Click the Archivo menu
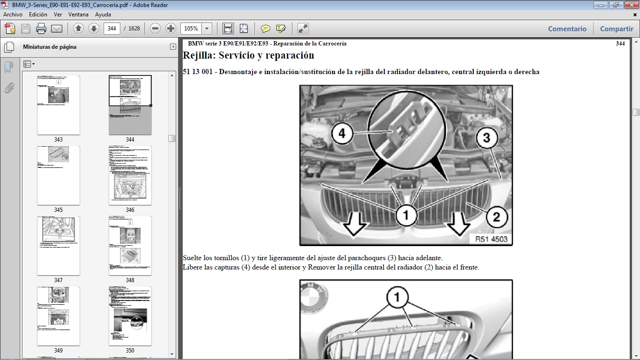(13, 15)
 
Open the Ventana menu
(78, 15)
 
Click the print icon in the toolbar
(41, 29)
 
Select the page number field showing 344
(112, 29)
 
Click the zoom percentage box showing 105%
(191, 29)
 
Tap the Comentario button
(567, 29)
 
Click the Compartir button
(617, 29)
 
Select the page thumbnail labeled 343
(58, 105)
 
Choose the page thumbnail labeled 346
(130, 175)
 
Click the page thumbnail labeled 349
(58, 316)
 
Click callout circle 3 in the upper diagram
(486, 138)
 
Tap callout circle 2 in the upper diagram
(497, 217)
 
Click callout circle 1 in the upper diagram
(406, 216)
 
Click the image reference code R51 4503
(491, 239)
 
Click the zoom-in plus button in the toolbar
(171, 29)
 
